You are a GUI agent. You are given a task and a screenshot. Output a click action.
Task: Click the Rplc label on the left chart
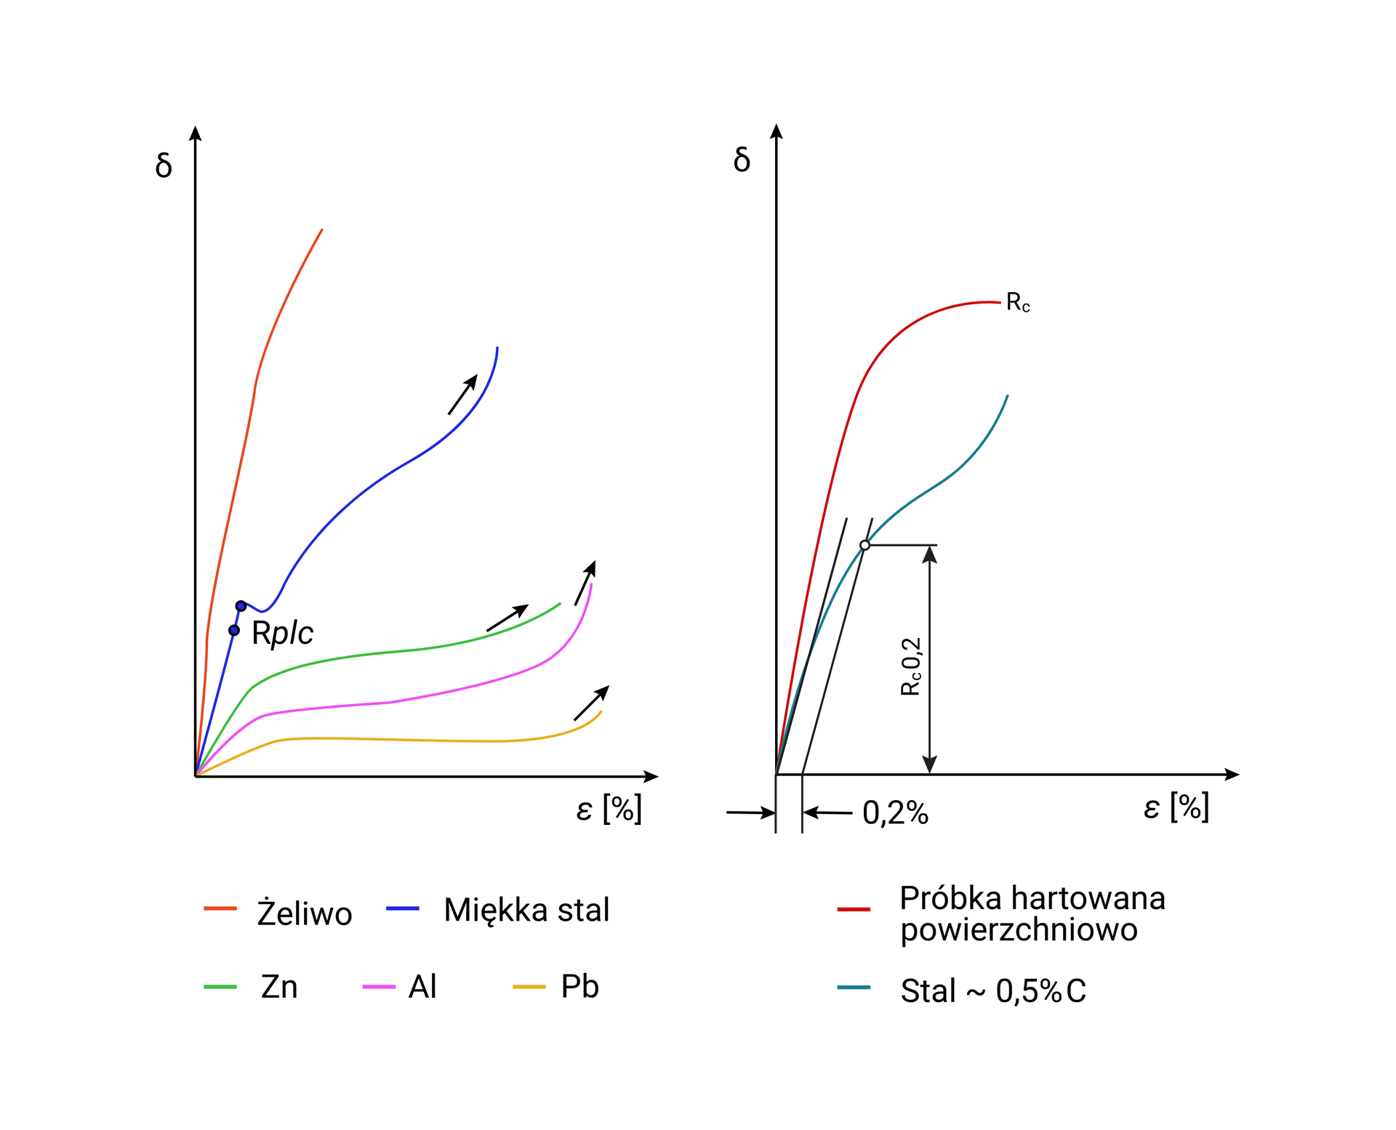click(x=282, y=633)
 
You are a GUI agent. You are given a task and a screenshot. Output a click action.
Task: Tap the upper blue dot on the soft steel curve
click(x=241, y=606)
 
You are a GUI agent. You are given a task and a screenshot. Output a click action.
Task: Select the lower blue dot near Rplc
click(x=234, y=630)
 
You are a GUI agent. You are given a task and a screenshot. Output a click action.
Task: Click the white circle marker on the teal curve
click(x=865, y=545)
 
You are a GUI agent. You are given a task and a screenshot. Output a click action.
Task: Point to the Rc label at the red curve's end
click(x=1017, y=303)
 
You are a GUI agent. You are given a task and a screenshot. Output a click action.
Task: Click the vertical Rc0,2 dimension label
click(x=911, y=666)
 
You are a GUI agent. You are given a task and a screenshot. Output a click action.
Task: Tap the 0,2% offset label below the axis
click(x=895, y=813)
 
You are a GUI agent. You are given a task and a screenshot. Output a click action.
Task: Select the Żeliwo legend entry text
click(x=305, y=913)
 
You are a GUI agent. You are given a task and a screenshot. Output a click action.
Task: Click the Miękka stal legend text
click(x=526, y=910)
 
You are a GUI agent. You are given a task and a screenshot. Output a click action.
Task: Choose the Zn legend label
click(x=279, y=987)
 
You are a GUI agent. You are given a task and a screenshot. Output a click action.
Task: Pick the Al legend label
click(x=422, y=987)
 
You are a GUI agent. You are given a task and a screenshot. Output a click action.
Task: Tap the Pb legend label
click(x=579, y=987)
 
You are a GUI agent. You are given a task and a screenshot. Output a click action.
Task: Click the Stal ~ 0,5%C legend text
click(x=993, y=990)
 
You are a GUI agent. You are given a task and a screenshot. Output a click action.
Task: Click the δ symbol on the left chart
click(x=164, y=166)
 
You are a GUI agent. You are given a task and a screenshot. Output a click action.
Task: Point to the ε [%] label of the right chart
click(x=1176, y=807)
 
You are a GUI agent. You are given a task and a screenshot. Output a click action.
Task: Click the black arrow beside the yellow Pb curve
click(x=591, y=703)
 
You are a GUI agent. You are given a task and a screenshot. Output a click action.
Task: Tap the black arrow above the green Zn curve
click(x=508, y=618)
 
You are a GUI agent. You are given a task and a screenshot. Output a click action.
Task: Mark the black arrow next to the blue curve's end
click(x=462, y=395)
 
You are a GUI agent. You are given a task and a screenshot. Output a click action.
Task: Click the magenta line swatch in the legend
click(x=379, y=987)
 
